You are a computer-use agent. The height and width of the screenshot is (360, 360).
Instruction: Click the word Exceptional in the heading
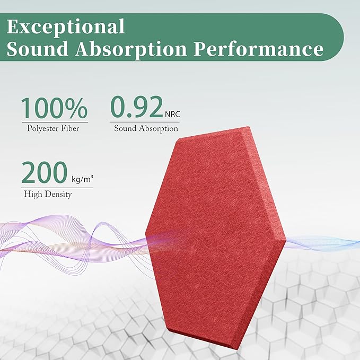pyautogui.click(x=67, y=26)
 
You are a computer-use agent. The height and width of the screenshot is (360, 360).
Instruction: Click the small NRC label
pyautogui.click(x=172, y=113)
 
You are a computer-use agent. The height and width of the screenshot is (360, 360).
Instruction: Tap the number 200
pyautogui.click(x=44, y=173)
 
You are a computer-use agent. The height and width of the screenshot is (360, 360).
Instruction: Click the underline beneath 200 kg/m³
pyautogui.click(x=57, y=187)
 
